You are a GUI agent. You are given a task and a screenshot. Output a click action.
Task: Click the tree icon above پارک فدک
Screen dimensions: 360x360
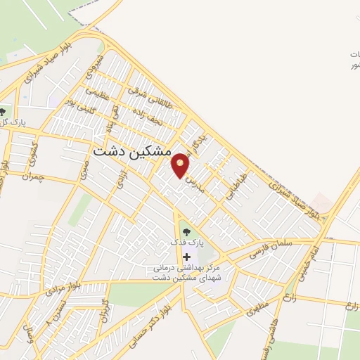point(186,231)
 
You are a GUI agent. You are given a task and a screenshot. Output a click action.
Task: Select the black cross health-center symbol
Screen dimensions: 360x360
point(186,257)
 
